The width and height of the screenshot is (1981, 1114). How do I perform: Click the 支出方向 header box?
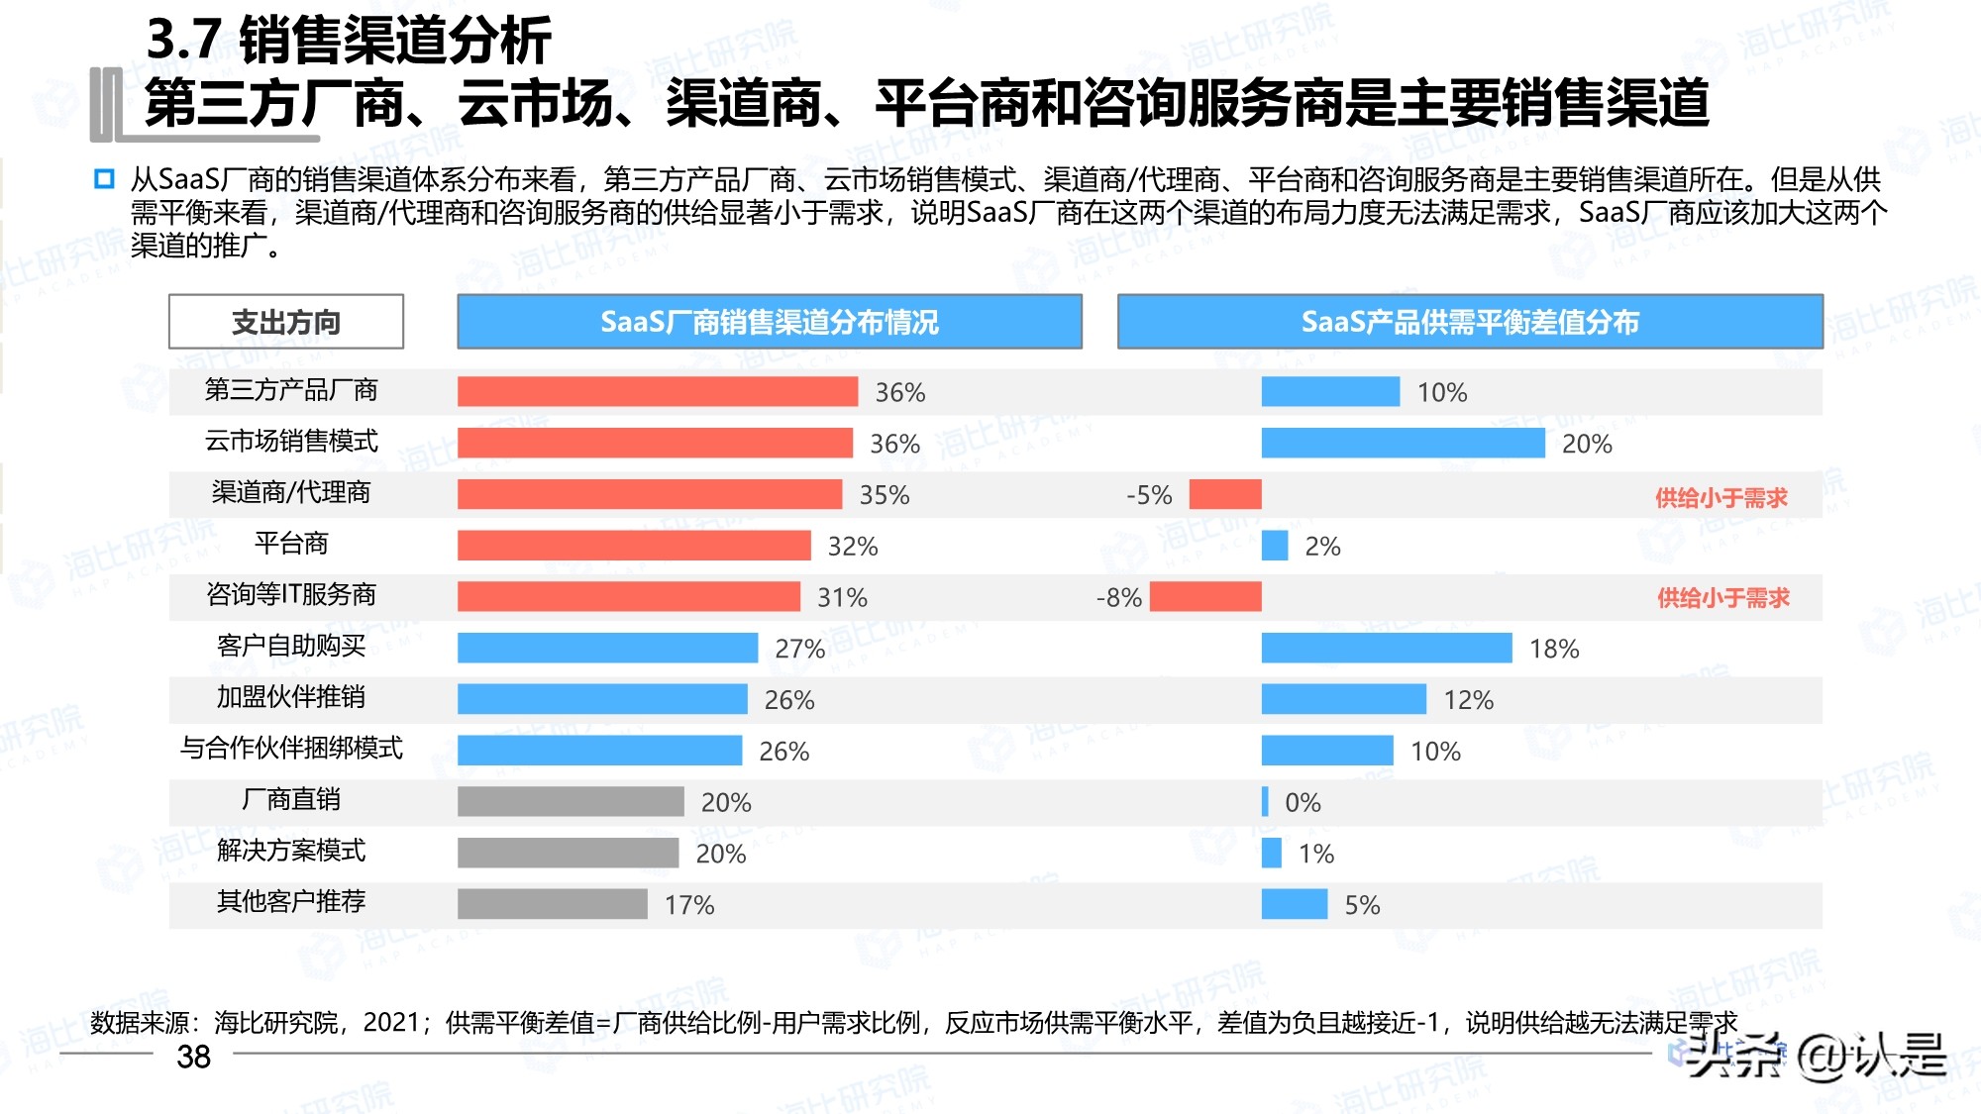(286, 322)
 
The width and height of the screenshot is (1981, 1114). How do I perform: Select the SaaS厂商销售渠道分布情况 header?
(769, 322)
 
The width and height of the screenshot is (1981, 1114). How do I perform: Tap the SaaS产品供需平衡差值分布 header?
(1470, 322)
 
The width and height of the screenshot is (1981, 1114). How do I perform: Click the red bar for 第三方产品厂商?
(657, 392)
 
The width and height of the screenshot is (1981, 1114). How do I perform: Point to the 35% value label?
(884, 495)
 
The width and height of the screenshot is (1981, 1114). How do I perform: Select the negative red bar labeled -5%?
(1225, 494)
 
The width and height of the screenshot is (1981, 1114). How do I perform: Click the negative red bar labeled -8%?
(1205, 597)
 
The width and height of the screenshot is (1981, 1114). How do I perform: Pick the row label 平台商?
(291, 544)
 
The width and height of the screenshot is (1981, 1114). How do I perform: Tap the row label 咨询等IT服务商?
(291, 594)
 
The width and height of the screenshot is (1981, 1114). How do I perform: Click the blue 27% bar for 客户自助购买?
(607, 649)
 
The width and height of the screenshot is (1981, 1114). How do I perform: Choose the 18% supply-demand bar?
(1387, 649)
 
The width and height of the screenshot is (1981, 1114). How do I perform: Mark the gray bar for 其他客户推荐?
(552, 904)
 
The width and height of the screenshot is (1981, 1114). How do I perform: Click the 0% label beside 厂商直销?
(1303, 803)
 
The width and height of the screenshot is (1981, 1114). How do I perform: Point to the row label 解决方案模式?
(291, 851)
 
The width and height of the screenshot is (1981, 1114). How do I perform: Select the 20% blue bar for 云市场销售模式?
(1403, 444)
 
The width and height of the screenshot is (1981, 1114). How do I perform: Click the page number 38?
(193, 1058)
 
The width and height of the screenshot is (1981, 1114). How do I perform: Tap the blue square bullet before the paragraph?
(104, 179)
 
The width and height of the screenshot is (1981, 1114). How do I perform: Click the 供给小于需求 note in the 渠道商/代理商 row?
(1721, 498)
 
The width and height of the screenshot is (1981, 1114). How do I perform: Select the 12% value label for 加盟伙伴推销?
(1468, 700)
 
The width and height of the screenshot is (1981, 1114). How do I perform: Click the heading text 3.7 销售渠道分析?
(349, 41)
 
